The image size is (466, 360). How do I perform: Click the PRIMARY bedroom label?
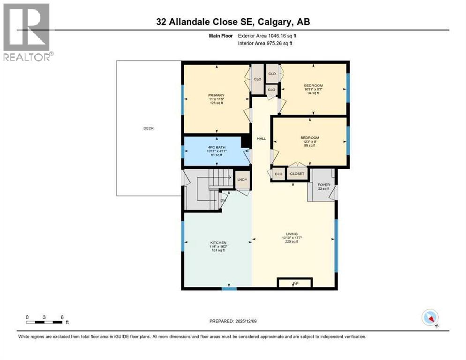click(216, 95)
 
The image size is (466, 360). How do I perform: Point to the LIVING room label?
click(293, 234)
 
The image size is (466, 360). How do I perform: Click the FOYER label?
click(323, 185)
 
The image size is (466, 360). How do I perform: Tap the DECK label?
click(148, 128)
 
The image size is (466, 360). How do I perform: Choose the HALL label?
click(261, 138)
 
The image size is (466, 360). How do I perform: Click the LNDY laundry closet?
click(242, 180)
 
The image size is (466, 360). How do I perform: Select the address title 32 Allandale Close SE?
click(233, 22)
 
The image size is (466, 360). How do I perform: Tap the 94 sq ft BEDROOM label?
click(313, 89)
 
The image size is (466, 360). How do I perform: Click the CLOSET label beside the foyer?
click(297, 173)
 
